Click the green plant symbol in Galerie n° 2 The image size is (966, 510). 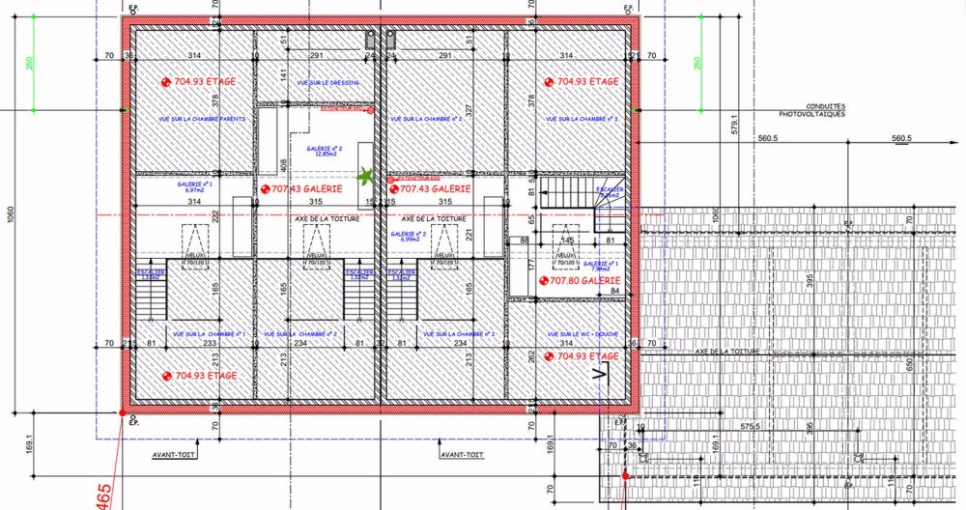pyautogui.click(x=366, y=176)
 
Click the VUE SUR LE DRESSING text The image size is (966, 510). pyautogui.click(x=325, y=83)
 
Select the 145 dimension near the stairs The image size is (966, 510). pyautogui.click(x=568, y=241)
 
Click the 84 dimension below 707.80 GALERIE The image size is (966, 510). pyautogui.click(x=613, y=291)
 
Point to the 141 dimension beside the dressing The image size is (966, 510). pyautogui.click(x=283, y=74)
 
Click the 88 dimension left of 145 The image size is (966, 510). pyautogui.click(x=526, y=241)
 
